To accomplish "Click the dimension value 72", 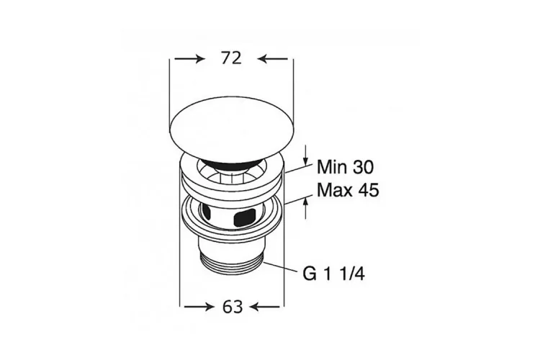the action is tap(231, 58).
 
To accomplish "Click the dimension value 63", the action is tap(233, 307).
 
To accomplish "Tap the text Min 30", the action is tap(345, 167).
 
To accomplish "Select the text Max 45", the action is tap(348, 190).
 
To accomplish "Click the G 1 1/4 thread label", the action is tap(333, 274).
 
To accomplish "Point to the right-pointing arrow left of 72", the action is tap(189, 58).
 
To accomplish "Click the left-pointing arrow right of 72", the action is tap(273, 58).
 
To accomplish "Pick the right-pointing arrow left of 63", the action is tap(198, 306).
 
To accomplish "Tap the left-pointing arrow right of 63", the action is tap(265, 306).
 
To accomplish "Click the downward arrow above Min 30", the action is tap(305, 155).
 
